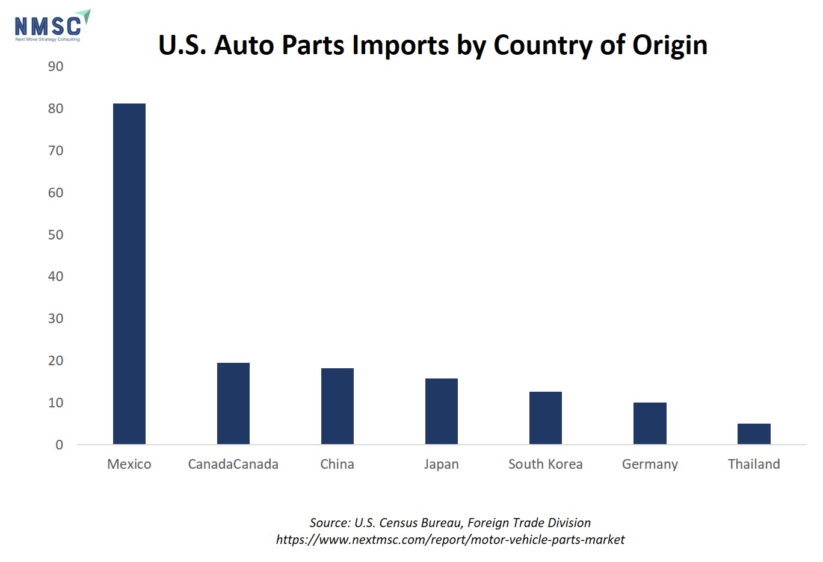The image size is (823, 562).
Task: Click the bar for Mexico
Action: [129, 274]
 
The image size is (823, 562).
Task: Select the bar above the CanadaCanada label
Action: [233, 404]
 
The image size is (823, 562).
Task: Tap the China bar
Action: [338, 406]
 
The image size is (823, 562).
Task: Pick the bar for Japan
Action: [441, 412]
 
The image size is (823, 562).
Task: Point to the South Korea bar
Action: [545, 418]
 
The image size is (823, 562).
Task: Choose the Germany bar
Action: [650, 424]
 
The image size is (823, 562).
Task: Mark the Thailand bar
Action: [754, 434]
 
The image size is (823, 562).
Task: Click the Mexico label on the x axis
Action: [129, 465]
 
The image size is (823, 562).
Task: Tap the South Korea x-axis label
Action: [545, 465]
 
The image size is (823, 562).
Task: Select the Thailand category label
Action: [754, 465]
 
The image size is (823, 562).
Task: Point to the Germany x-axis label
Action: [650, 465]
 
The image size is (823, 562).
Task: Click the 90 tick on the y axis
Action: [55, 67]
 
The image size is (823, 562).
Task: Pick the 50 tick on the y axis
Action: [55, 235]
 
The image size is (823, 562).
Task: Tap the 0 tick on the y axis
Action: [59, 445]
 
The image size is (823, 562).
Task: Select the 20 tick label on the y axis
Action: [55, 361]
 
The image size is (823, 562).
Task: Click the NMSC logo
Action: [52, 26]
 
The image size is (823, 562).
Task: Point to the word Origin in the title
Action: [670, 46]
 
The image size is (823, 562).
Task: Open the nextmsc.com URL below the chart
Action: [450, 540]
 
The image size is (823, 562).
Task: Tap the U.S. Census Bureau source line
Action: [450, 523]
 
